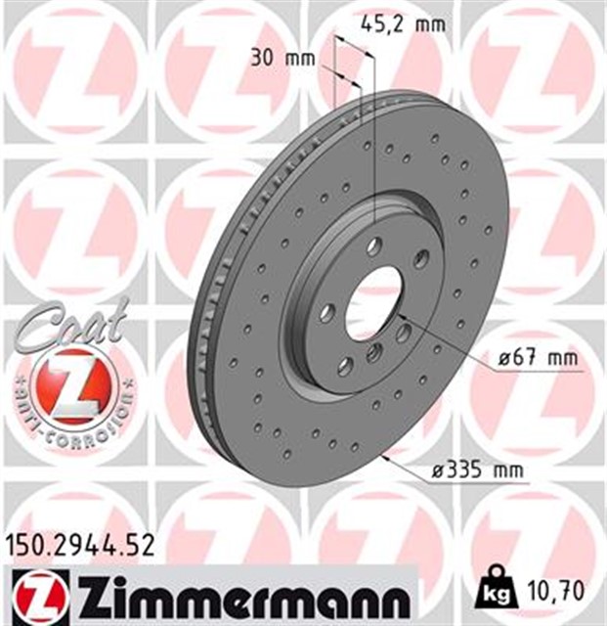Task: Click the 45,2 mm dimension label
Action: [x=403, y=24]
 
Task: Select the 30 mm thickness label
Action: [x=282, y=59]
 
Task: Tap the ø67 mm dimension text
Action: [x=539, y=358]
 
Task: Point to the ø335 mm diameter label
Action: [x=478, y=470]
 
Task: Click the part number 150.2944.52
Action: [x=80, y=546]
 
